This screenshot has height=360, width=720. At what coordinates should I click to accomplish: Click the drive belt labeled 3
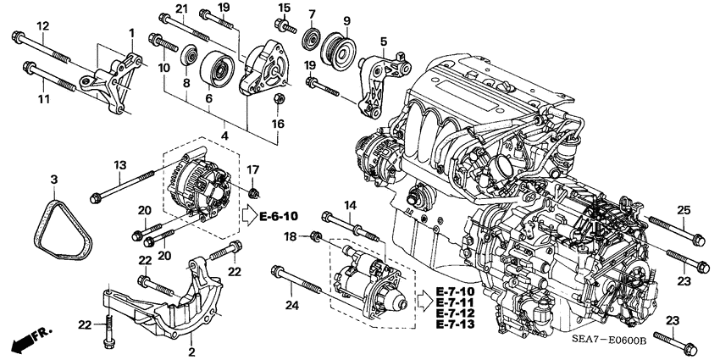click(62, 221)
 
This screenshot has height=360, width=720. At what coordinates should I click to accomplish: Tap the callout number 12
click(43, 26)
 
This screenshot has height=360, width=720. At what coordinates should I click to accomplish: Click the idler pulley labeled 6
click(216, 72)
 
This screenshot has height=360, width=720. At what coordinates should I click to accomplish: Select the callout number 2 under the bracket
click(192, 351)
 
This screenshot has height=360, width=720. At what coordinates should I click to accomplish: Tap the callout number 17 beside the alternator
click(254, 169)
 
